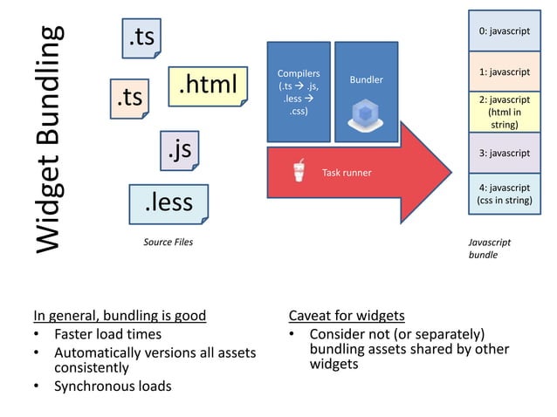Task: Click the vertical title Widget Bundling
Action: click(x=51, y=140)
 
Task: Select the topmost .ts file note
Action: click(x=141, y=38)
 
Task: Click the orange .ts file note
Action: click(x=129, y=98)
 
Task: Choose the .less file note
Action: click(x=168, y=203)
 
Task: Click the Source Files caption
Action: click(x=168, y=242)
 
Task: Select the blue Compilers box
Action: click(x=299, y=92)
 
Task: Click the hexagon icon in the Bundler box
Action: click(x=365, y=113)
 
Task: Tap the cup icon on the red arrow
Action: click(x=300, y=171)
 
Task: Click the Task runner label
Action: click(x=347, y=173)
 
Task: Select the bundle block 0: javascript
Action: click(x=504, y=31)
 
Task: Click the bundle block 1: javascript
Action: click(x=504, y=72)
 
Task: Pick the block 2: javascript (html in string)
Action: click(x=504, y=113)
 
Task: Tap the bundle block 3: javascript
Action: click(x=504, y=153)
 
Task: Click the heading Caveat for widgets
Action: click(x=346, y=315)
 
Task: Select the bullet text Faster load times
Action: click(x=107, y=334)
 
